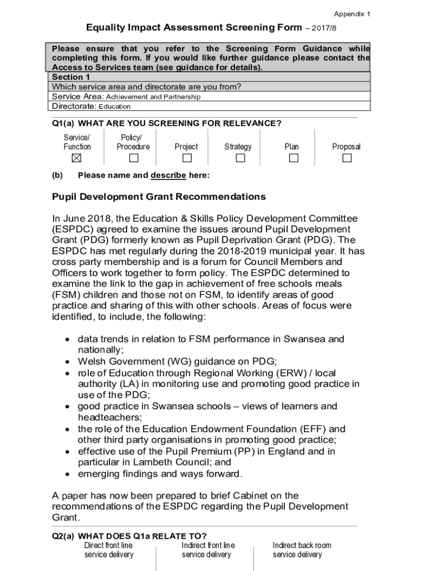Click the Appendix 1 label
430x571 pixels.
point(352,14)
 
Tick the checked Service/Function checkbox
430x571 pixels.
point(77,158)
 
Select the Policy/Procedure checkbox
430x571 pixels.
point(133,158)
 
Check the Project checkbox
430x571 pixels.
point(187,158)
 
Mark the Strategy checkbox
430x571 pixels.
point(240,158)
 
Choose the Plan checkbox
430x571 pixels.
point(293,158)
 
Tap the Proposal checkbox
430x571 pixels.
point(347,158)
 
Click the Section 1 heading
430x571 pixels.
point(71,77)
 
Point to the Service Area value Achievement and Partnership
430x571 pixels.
point(153,97)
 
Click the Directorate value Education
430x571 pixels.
point(114,107)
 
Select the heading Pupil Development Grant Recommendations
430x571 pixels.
point(159,197)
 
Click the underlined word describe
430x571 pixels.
point(168,175)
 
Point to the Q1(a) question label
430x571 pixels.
point(64,123)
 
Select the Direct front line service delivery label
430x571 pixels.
point(109,550)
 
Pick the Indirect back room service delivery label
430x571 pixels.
point(302,550)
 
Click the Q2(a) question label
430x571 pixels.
point(64,536)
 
